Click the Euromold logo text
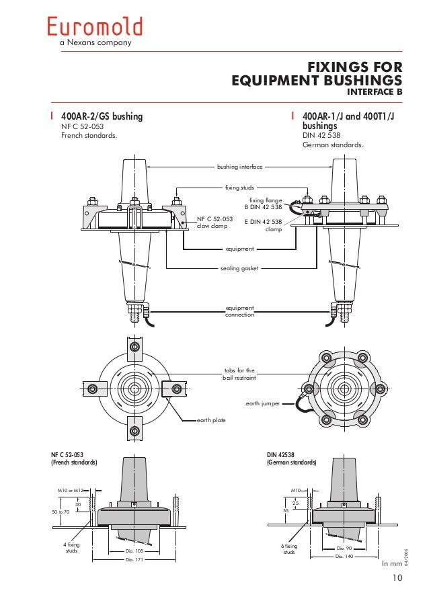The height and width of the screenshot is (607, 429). pos(95,27)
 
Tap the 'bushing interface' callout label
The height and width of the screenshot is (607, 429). pos(239,165)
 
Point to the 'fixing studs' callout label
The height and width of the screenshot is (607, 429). pos(239,188)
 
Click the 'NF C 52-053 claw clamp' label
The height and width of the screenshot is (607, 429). pos(214,222)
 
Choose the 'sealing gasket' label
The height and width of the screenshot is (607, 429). pos(239,268)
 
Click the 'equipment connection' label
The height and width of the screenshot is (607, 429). pos(239,311)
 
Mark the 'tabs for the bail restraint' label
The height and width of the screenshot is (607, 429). pos(239,374)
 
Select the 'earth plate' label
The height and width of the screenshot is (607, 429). pos(211,420)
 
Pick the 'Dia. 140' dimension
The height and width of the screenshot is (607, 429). pos(344,557)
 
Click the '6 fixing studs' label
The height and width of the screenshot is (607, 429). pos(288,549)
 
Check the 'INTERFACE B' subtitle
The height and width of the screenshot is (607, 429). pos(374,91)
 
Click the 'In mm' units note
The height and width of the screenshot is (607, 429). pos(391,564)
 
